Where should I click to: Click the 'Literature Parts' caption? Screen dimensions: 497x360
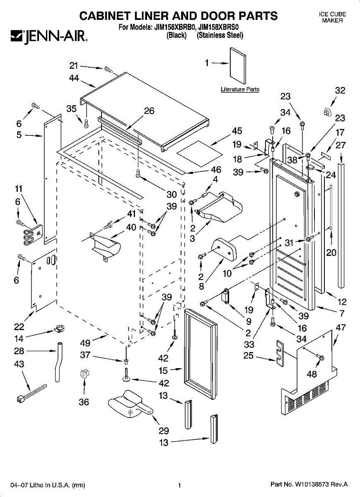pyautogui.click(x=240, y=89)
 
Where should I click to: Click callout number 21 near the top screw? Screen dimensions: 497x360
pyautogui.click(x=74, y=65)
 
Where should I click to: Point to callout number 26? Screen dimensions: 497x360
pyautogui.click(x=149, y=111)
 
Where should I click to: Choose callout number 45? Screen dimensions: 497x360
pyautogui.click(x=237, y=131)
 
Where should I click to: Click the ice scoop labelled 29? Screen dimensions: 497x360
pyautogui.click(x=128, y=404)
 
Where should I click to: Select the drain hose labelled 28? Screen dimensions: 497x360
pyautogui.click(x=58, y=360)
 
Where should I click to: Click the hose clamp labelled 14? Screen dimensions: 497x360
pyautogui.click(x=60, y=331)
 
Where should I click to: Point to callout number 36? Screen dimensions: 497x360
pyautogui.click(x=84, y=402)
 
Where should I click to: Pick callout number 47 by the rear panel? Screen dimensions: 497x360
pyautogui.click(x=340, y=327)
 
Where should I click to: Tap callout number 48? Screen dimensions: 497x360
pyautogui.click(x=312, y=374)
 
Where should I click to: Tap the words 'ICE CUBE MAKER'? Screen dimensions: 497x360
pyautogui.click(x=332, y=17)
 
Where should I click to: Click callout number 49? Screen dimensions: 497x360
pyautogui.click(x=85, y=343)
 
